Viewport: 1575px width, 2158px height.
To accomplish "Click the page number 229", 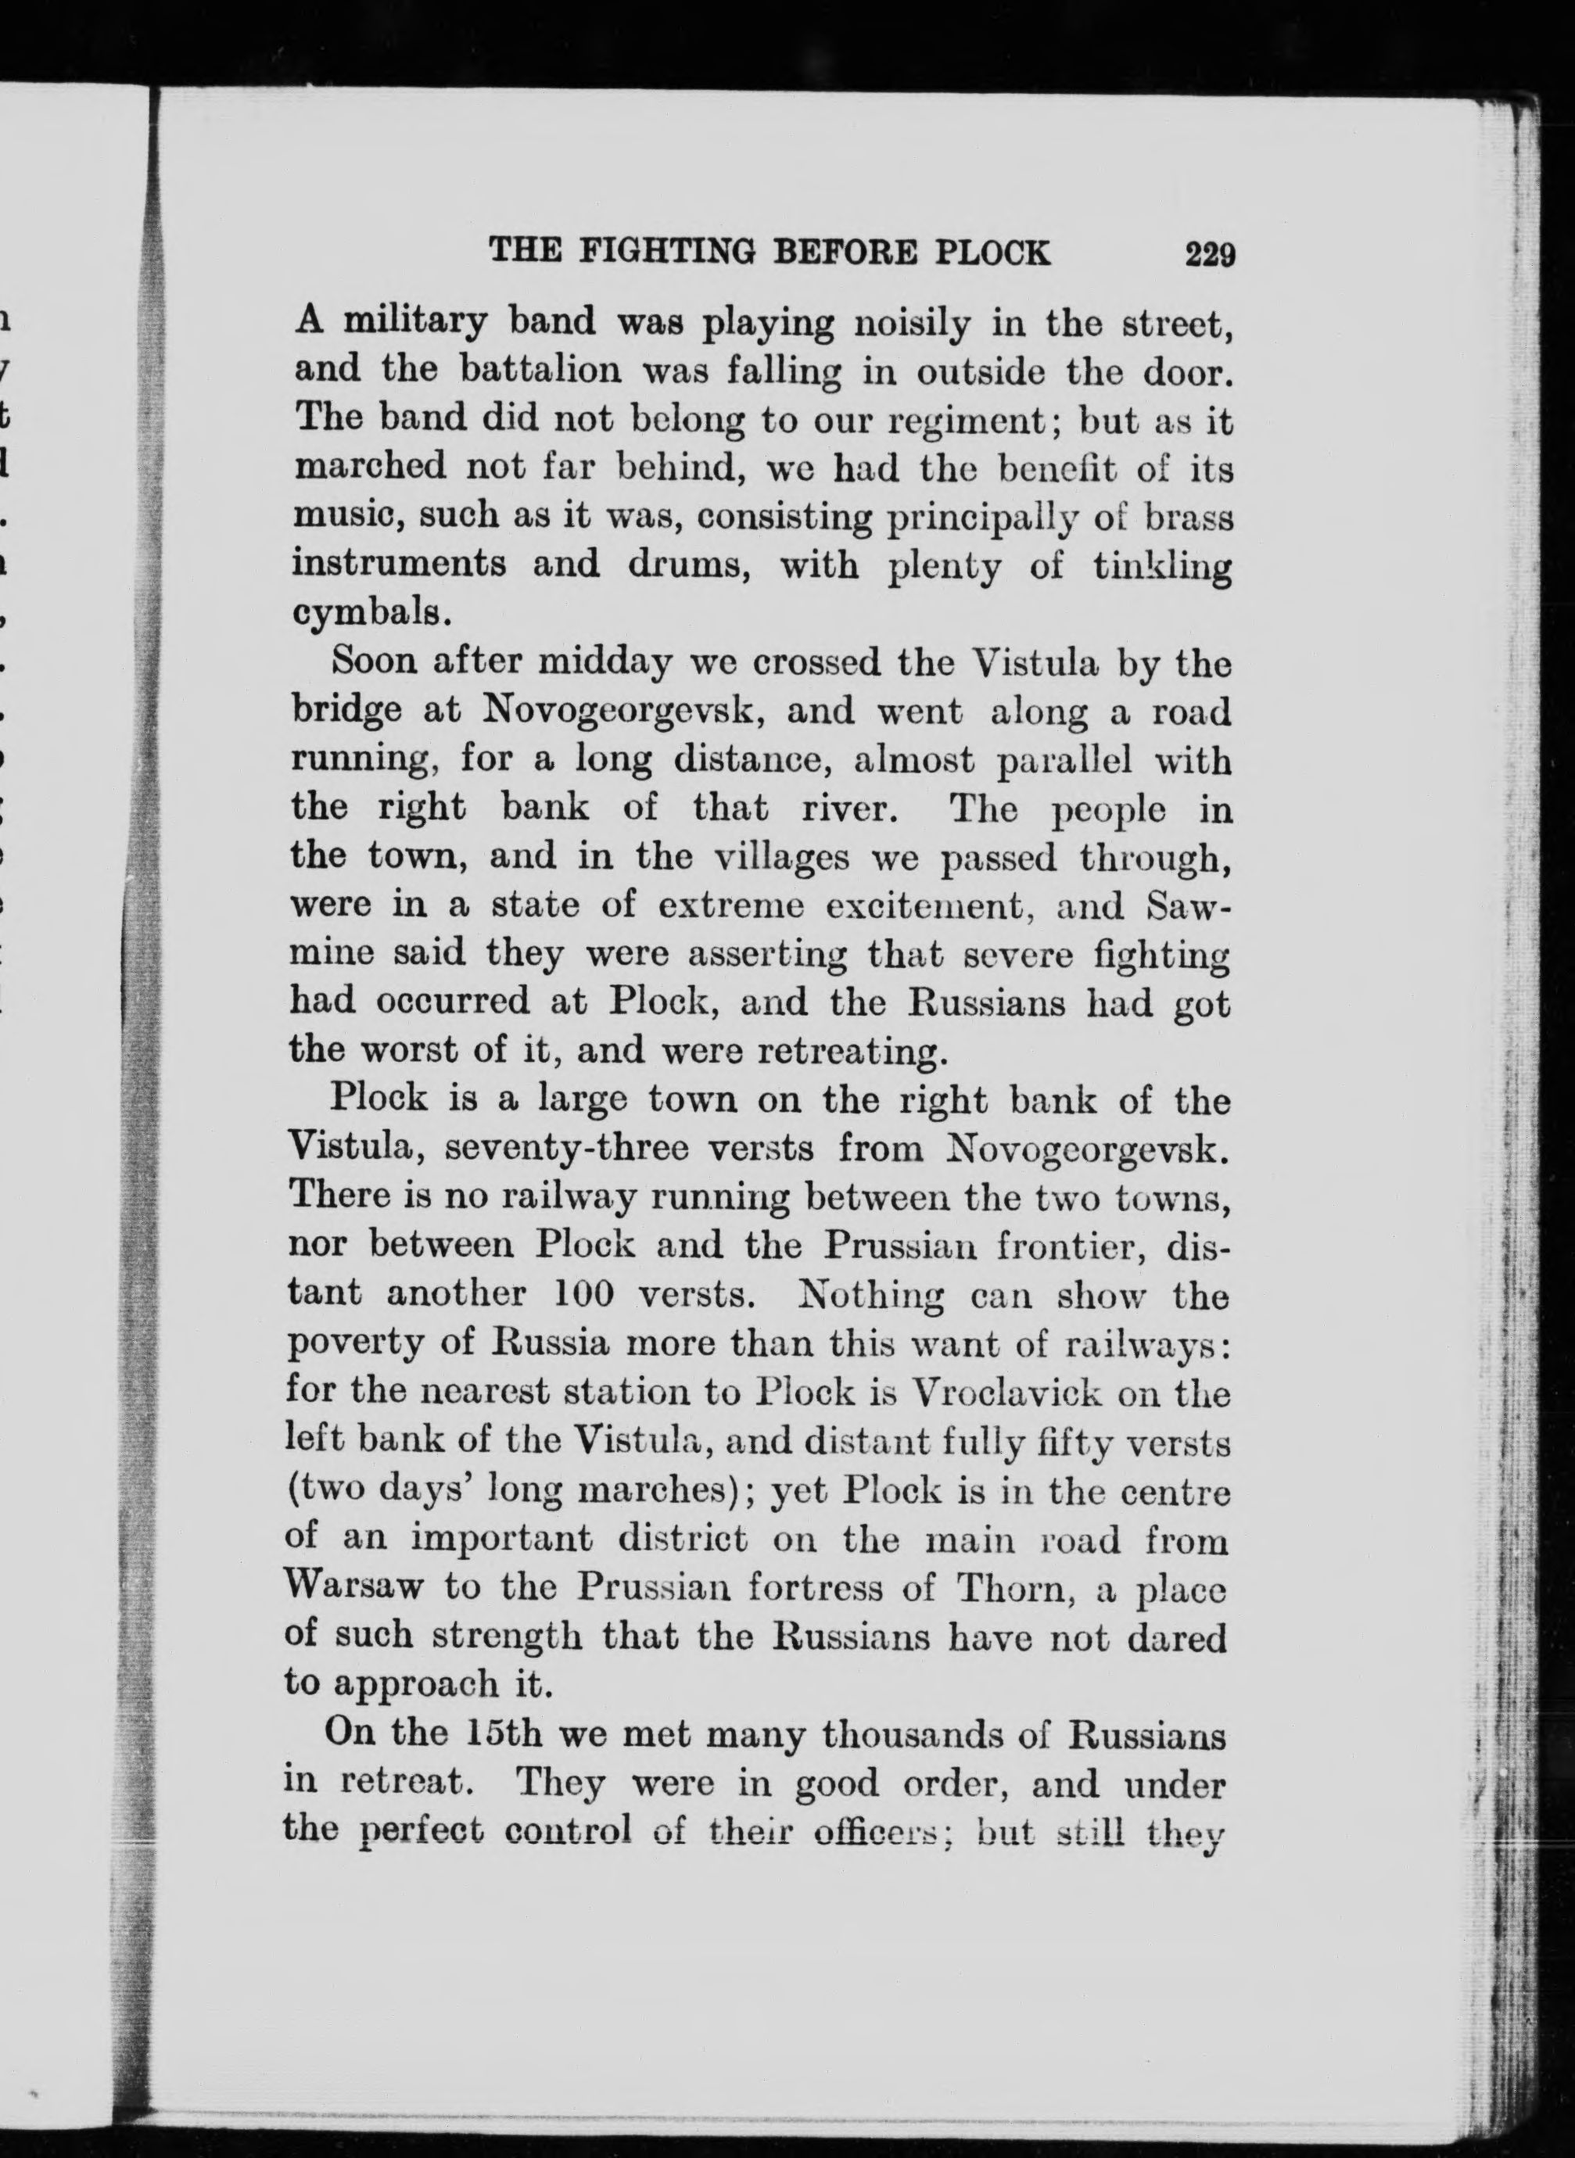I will pyautogui.click(x=1210, y=254).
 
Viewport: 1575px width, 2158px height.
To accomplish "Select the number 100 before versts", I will pyautogui.click(x=587, y=1295).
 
